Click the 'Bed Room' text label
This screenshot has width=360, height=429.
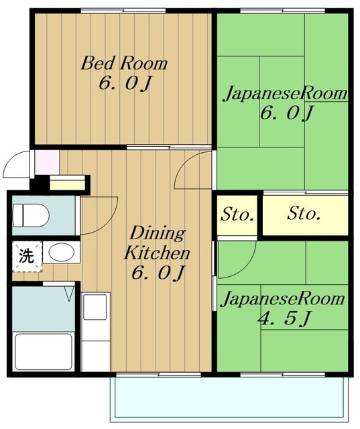tap(124, 64)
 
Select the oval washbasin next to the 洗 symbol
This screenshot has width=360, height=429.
tap(62, 253)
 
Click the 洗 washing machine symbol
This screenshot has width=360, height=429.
tap(25, 255)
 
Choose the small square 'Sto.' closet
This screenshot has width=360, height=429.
tap(237, 215)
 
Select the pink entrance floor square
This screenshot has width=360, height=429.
tap(46, 162)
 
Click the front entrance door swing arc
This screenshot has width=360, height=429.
tap(17, 164)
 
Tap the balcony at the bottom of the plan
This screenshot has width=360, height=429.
tap(230, 400)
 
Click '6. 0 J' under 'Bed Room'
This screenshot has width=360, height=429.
tap(124, 84)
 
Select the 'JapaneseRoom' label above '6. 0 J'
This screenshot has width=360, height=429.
tap(285, 93)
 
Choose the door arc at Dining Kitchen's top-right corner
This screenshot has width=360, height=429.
tap(193, 172)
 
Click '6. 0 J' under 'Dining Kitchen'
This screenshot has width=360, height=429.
tap(158, 273)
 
